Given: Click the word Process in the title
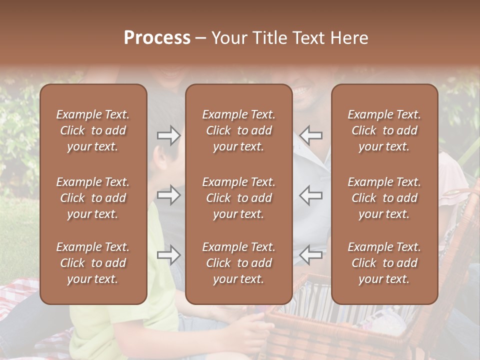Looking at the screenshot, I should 157,38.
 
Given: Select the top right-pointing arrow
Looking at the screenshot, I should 168,135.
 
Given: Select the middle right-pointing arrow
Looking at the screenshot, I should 168,195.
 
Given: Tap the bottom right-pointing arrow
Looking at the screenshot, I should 168,255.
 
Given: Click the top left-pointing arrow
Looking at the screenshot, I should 311,135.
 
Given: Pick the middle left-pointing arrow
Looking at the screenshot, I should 311,195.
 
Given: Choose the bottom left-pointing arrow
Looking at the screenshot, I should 311,255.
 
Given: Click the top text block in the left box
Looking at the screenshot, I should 93,130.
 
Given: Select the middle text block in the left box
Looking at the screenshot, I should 93,198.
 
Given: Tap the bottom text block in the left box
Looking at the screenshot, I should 93,263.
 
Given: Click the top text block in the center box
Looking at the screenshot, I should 238,130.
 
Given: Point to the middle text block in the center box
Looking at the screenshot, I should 238,198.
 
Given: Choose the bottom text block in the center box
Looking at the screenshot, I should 238,263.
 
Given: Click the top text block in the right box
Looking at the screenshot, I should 384,130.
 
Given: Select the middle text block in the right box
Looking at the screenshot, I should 384,198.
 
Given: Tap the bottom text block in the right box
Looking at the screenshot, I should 384,263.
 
